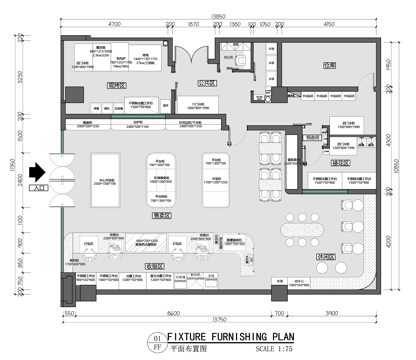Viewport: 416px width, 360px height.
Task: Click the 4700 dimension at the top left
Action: coord(114,20)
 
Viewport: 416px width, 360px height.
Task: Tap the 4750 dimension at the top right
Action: coord(330,20)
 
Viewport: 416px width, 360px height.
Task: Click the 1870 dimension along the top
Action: coord(192,20)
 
